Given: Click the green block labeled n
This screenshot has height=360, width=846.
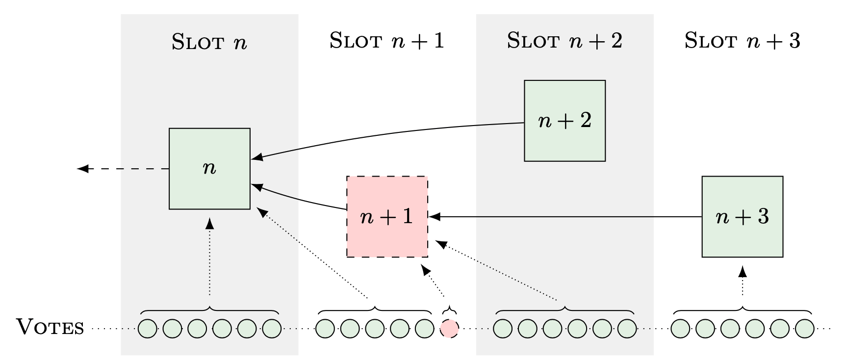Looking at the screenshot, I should point(209,169).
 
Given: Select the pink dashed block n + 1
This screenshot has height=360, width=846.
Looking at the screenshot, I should point(387,217).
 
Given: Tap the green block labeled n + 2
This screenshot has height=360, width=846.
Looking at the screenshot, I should point(564,121).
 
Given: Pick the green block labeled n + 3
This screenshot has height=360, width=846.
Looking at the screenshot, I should point(742,217).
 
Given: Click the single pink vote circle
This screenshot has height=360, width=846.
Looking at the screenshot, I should point(449,329).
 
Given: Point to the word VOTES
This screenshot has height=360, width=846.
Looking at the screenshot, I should point(51,328).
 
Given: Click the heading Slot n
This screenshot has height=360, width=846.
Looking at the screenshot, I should point(209,42).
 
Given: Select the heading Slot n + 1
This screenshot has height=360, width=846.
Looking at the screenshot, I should point(387,41).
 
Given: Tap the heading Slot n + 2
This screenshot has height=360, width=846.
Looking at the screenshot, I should point(564,41).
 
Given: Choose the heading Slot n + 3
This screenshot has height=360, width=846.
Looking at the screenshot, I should point(742,41).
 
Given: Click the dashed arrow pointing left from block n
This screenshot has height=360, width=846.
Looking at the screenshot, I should point(123,169).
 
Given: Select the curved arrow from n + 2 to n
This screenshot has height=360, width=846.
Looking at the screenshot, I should point(387,133).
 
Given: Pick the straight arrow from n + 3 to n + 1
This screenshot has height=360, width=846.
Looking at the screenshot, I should point(564,216).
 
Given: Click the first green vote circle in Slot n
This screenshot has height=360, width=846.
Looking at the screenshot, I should point(147,329).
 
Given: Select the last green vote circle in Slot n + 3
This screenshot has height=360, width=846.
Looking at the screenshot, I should point(804,329).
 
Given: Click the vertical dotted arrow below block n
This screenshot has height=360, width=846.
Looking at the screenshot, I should point(210,257).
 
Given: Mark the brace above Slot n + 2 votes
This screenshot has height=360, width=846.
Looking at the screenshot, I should point(564,310).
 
